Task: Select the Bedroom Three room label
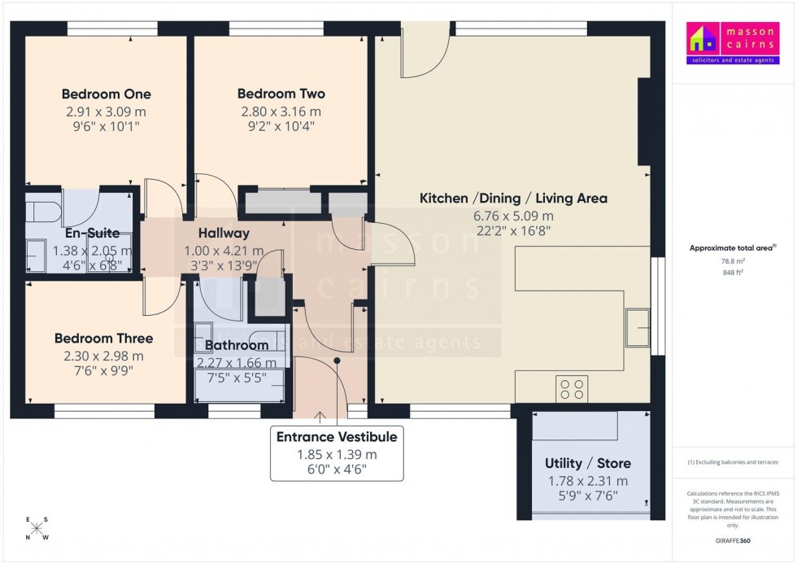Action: click(x=103, y=339)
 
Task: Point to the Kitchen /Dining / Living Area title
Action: click(x=513, y=199)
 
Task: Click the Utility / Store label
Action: click(x=587, y=464)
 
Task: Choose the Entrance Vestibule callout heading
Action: click(x=337, y=437)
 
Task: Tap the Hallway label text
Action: click(x=224, y=234)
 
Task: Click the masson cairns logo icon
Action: click(x=703, y=38)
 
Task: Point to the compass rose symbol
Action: click(x=37, y=528)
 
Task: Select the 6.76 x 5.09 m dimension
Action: click(x=513, y=216)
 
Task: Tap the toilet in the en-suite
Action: click(x=42, y=211)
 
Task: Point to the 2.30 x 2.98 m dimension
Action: click(x=103, y=356)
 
